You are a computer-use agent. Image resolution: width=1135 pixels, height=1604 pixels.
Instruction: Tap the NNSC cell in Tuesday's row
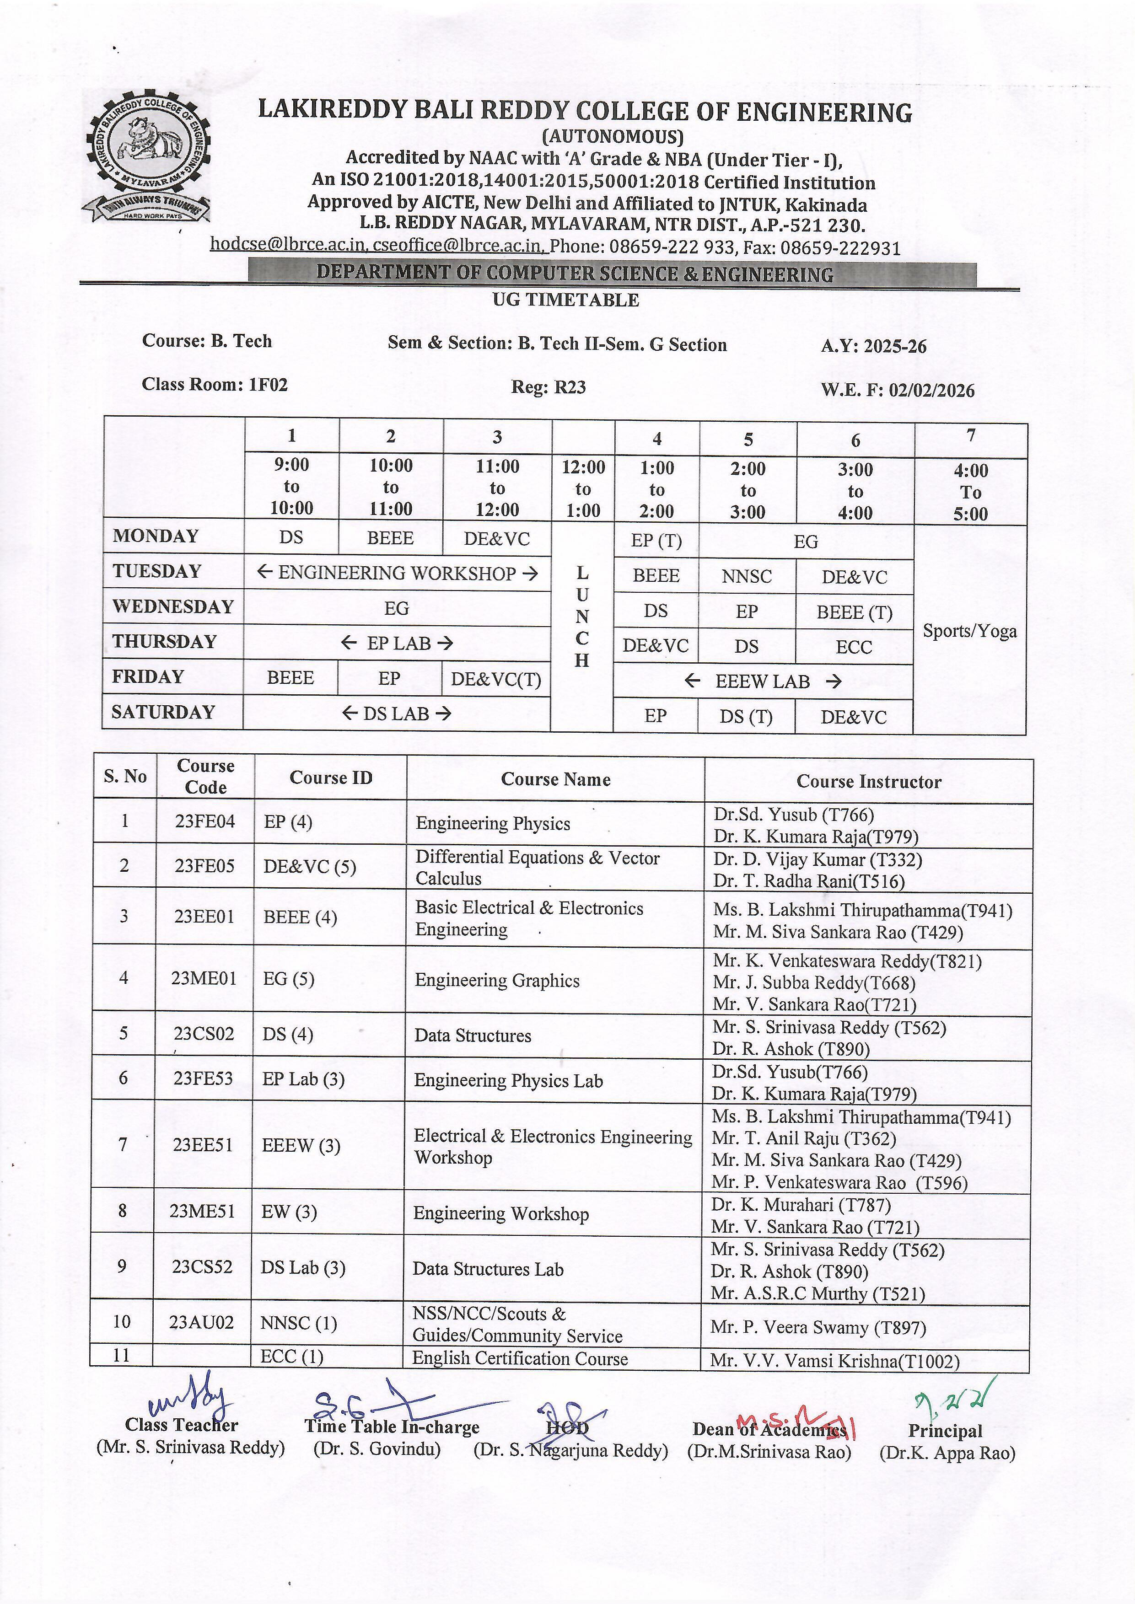[x=747, y=576]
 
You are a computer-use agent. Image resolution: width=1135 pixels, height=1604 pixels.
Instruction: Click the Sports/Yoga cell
[x=969, y=631]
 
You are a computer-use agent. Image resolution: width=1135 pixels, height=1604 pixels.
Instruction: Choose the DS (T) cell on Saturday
[x=746, y=717]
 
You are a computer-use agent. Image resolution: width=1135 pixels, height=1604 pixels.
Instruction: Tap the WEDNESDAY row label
[x=172, y=606]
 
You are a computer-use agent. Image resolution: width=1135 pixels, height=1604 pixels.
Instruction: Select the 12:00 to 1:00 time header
[x=583, y=488]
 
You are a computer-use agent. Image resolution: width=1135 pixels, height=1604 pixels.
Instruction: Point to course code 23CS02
[x=204, y=1034]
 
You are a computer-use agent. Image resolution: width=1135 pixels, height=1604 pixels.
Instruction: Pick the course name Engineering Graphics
[x=497, y=980]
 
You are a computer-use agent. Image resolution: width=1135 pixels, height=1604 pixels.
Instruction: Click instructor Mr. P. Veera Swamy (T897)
[x=818, y=1327]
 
